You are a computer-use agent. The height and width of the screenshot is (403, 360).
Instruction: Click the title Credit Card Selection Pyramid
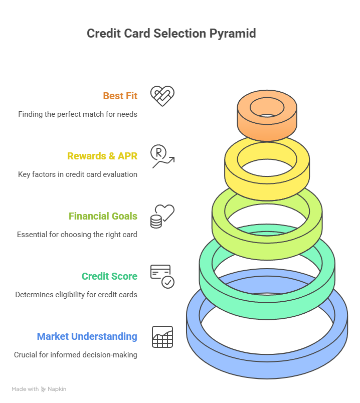click(171, 34)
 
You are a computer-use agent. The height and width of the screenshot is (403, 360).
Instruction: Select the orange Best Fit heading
click(120, 96)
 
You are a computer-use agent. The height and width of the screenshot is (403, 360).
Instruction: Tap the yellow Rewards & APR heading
click(102, 156)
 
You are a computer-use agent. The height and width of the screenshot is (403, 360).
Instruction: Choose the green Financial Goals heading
click(103, 216)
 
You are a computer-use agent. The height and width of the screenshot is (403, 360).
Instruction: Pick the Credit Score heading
click(109, 276)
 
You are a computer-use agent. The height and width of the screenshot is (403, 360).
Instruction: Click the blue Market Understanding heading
click(87, 336)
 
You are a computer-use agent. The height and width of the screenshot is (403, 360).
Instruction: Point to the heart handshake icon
click(162, 96)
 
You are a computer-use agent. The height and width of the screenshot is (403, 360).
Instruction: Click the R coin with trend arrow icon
click(162, 156)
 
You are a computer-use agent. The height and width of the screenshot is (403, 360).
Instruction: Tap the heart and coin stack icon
click(162, 216)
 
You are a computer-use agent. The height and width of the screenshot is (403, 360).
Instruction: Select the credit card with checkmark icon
click(162, 276)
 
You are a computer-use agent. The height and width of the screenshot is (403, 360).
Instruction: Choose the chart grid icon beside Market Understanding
click(162, 336)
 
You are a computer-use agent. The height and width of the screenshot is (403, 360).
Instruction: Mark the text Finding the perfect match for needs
click(78, 114)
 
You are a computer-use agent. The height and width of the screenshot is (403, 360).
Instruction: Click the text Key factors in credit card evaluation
click(77, 174)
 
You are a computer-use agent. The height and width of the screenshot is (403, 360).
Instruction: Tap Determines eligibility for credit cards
click(76, 295)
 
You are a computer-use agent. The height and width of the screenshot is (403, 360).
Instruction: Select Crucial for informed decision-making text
click(76, 355)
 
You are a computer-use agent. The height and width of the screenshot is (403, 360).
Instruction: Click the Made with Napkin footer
click(39, 389)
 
